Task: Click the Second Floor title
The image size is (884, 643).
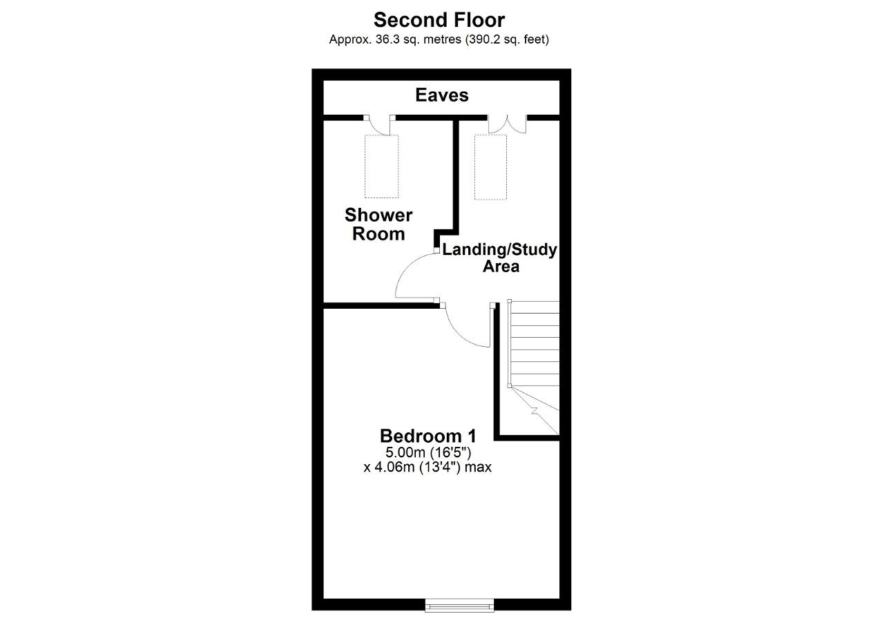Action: (439, 20)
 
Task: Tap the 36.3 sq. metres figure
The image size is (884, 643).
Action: (419, 39)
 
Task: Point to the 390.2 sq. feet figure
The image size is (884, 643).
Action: (507, 39)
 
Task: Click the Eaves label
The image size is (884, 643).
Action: (441, 95)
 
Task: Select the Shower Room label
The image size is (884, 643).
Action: (378, 224)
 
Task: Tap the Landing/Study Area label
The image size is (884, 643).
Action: (499, 258)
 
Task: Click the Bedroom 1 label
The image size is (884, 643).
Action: (427, 436)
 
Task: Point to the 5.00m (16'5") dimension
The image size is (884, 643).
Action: (428, 452)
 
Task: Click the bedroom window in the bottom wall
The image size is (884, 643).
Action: (459, 605)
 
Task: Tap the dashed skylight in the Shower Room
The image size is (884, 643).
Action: (382, 166)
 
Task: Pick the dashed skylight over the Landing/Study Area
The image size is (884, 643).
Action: (490, 167)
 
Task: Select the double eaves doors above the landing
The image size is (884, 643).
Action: (507, 124)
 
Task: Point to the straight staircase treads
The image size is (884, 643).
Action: (534, 344)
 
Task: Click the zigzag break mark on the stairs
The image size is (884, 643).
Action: (535, 411)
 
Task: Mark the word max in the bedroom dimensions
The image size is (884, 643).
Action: (478, 468)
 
